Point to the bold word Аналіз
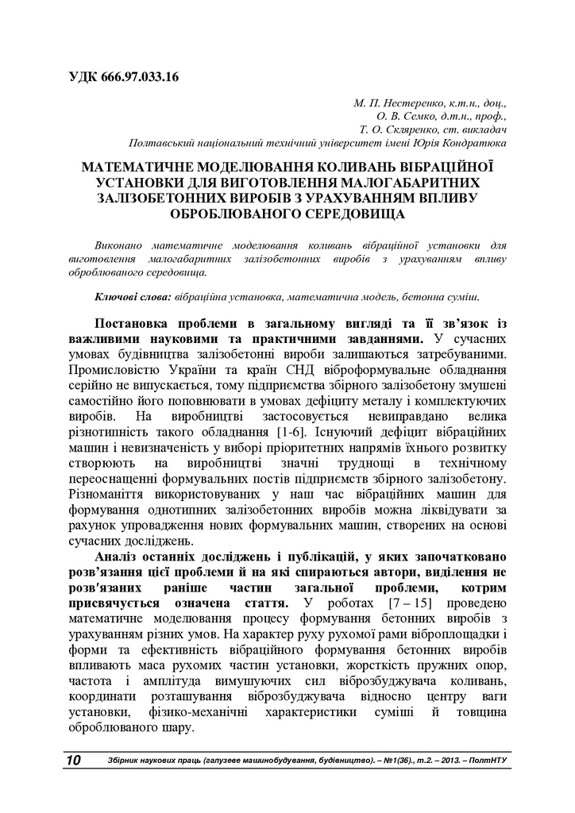[x=118, y=558]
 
